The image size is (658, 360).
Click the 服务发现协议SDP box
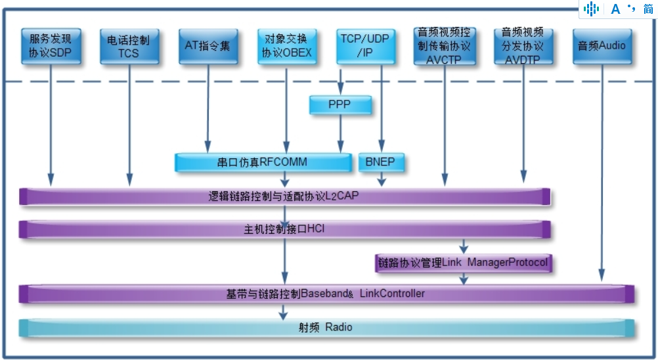coord(51,46)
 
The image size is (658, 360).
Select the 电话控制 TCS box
coord(129,46)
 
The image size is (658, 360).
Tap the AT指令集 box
coord(208,46)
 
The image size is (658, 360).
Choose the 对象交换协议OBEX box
coord(286,46)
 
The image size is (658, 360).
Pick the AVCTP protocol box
coord(444,46)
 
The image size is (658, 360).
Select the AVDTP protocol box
coord(523,46)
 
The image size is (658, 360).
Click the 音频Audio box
coord(602,46)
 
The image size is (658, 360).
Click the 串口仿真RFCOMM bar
coord(262,162)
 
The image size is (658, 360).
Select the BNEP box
coord(381,162)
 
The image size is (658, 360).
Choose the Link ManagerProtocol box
coord(463,263)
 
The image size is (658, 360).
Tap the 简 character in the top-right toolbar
coord(648,9)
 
